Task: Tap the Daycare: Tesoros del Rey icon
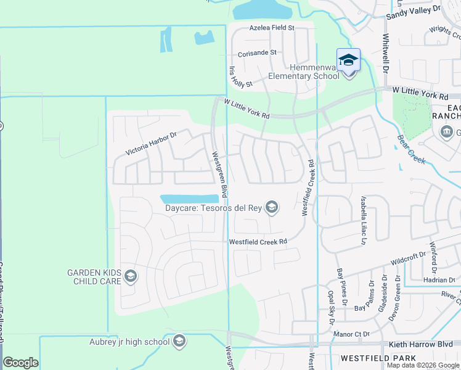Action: tap(272, 207)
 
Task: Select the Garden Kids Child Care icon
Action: tap(130, 276)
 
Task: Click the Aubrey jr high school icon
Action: tap(179, 341)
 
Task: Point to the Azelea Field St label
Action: tap(272, 28)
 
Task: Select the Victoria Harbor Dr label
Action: tap(151, 142)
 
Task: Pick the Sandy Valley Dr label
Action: tap(414, 10)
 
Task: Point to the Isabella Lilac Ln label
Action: tap(363, 221)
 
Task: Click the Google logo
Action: tap(20, 362)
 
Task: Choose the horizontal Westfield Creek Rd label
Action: tap(258, 242)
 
